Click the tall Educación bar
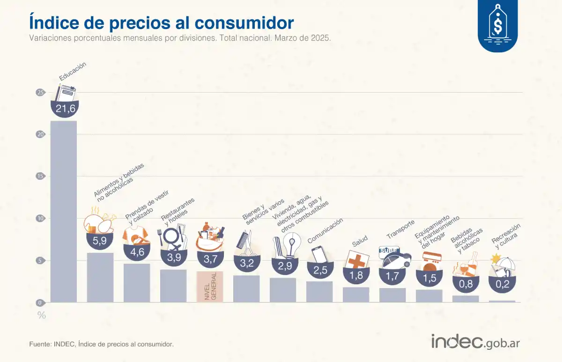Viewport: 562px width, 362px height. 64,211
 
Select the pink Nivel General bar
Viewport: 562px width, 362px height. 209,287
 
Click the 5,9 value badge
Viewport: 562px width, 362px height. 100,241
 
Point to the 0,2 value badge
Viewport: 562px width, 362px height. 502,283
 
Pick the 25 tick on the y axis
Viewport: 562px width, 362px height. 41,93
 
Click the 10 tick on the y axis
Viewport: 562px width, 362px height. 41,218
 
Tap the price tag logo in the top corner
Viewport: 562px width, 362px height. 497,23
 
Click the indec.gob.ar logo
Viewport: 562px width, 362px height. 475,341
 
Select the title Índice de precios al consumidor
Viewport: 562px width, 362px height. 162,22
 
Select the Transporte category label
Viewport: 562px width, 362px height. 400,229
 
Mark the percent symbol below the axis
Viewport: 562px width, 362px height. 42,315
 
